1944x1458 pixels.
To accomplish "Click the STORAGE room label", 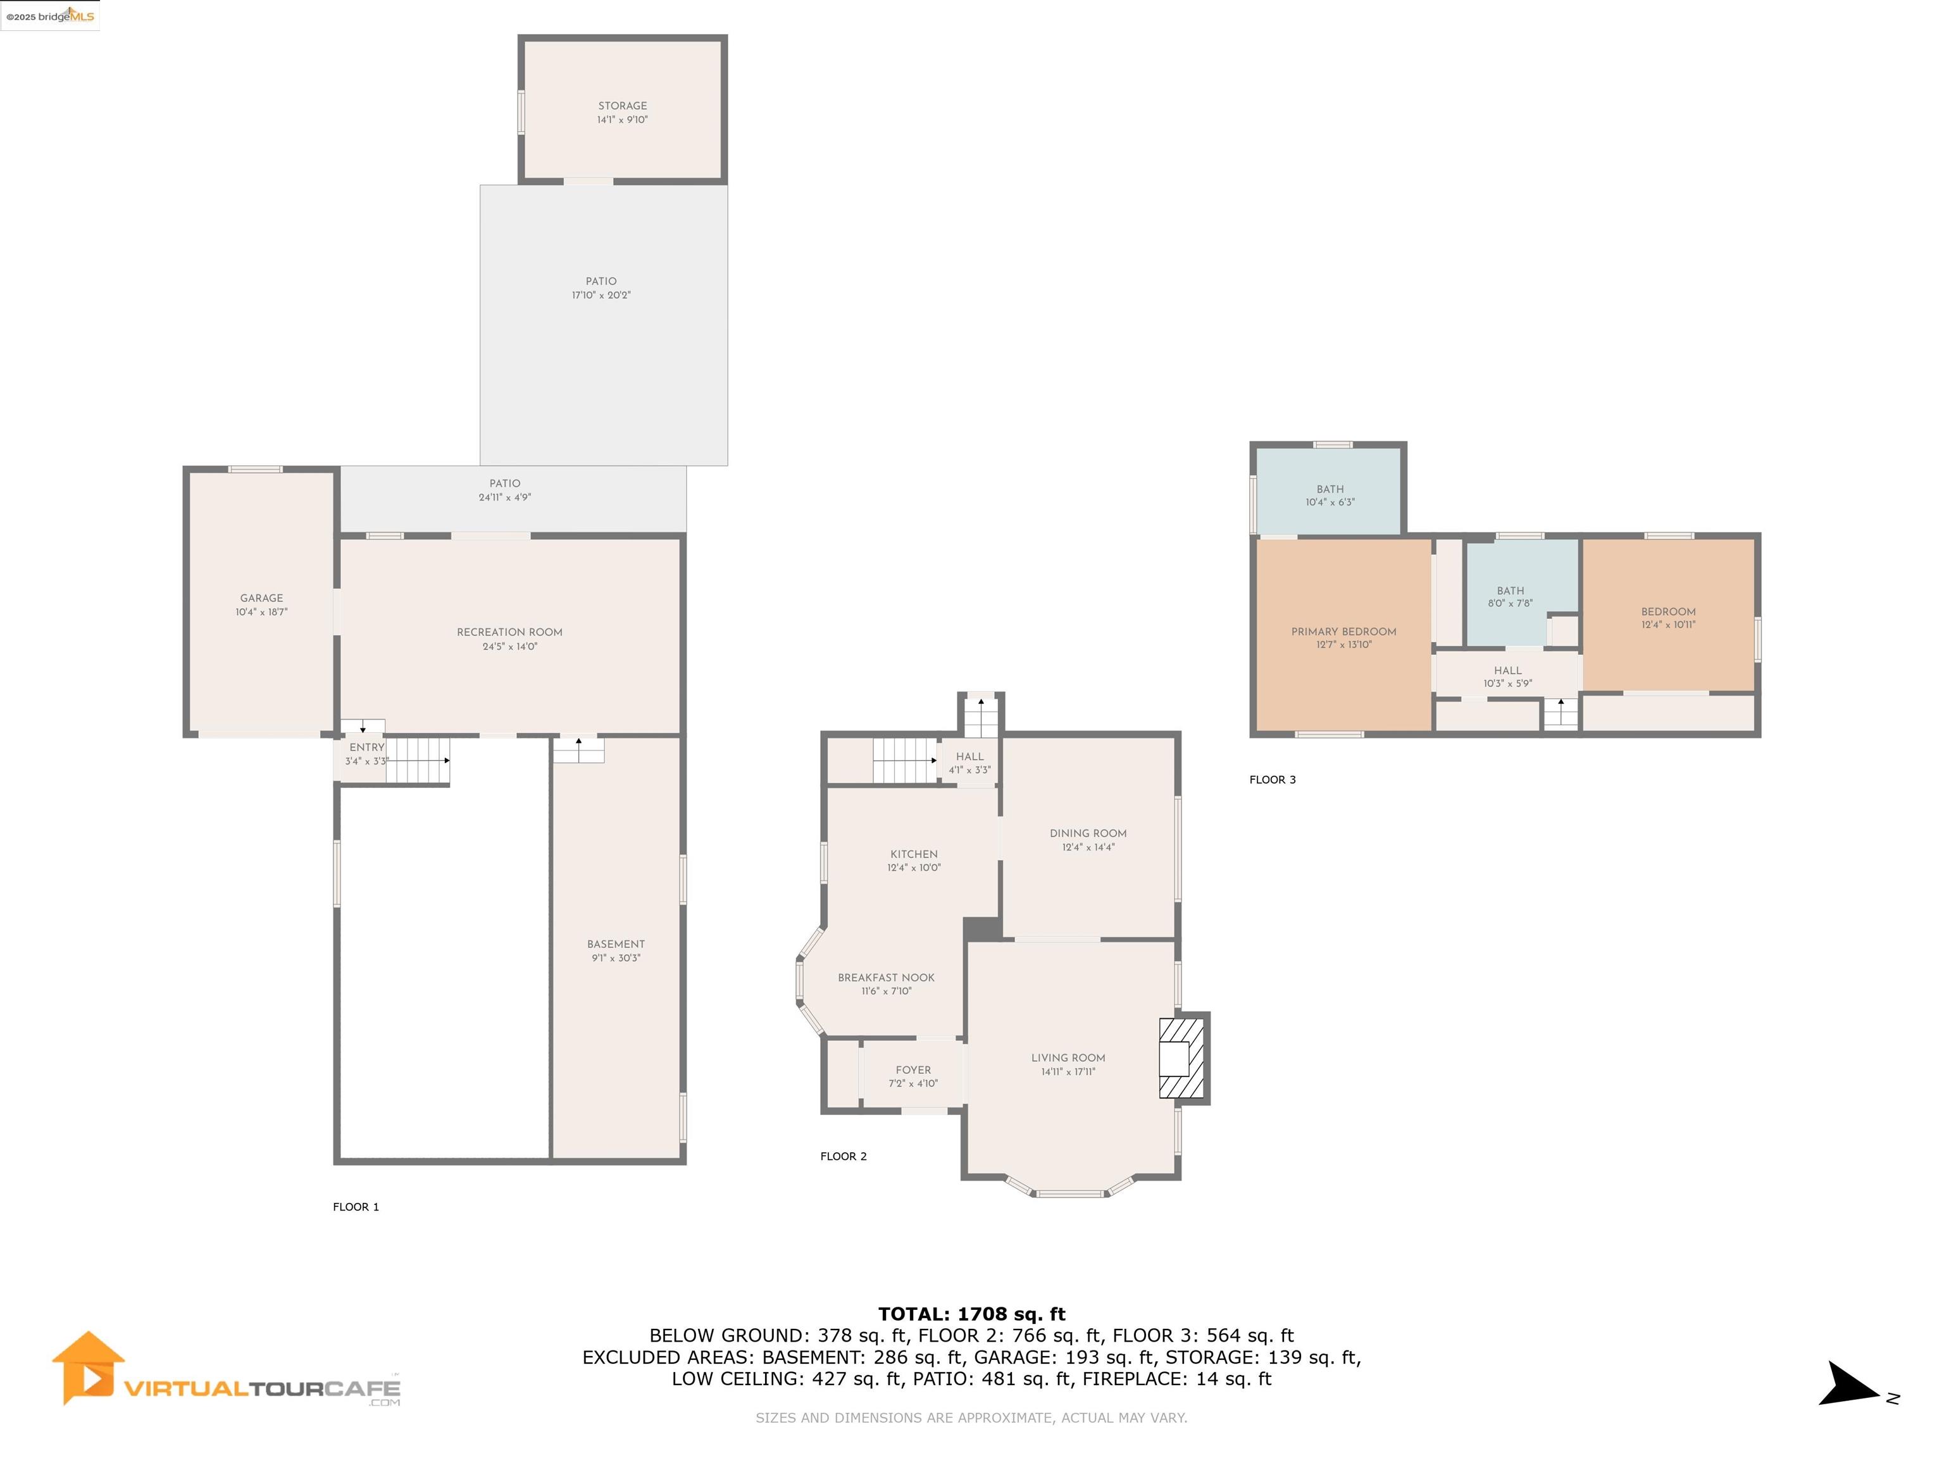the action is pos(622,106).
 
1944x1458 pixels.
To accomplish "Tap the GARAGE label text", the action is pos(262,597).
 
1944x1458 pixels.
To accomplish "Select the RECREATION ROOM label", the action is pos(509,632).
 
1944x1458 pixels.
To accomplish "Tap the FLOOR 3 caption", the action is pos(1273,780).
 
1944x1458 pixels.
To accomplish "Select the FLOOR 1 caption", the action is pos(356,1207).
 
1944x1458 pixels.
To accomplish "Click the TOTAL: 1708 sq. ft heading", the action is pos(971,1314).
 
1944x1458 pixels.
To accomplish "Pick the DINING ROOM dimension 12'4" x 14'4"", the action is pos(1088,847).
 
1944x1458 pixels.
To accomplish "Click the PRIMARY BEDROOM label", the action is pos(1343,631).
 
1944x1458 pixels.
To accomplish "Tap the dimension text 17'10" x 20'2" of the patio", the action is pos(601,296).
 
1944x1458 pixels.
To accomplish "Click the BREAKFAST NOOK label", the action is pos(886,977).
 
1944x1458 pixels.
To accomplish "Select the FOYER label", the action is pos(913,1069).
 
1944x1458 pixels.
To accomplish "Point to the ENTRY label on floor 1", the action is pos(366,747).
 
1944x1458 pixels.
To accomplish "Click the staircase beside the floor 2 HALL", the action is pos(905,760).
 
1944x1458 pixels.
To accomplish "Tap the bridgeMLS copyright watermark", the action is pos(50,16).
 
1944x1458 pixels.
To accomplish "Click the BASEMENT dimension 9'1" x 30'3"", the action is pos(616,958).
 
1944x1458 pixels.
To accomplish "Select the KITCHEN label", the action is pos(914,854).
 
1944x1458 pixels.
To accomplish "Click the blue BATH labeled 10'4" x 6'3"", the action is pos(1330,490).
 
